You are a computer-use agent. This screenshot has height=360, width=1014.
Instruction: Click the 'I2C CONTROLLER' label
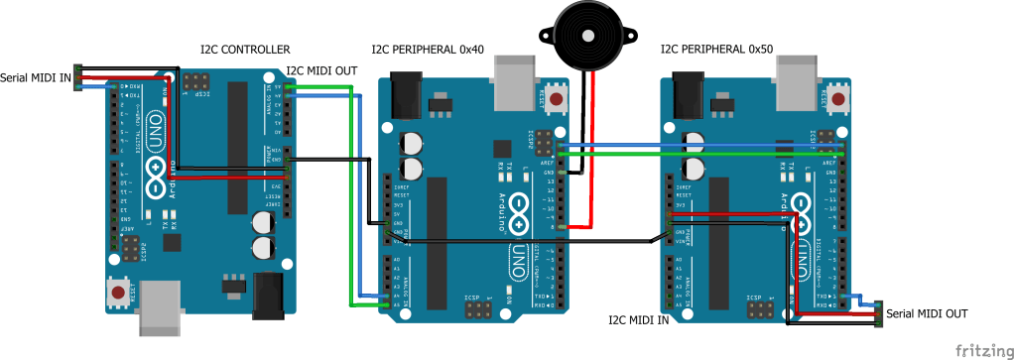tap(245, 49)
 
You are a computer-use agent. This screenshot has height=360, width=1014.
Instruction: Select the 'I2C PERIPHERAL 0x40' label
tap(427, 49)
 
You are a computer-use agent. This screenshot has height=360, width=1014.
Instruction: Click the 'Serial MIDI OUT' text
tap(927, 313)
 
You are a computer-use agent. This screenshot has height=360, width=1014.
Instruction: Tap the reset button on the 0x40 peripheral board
tap(558, 100)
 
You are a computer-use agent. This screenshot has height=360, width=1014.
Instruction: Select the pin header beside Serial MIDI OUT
tap(878, 314)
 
